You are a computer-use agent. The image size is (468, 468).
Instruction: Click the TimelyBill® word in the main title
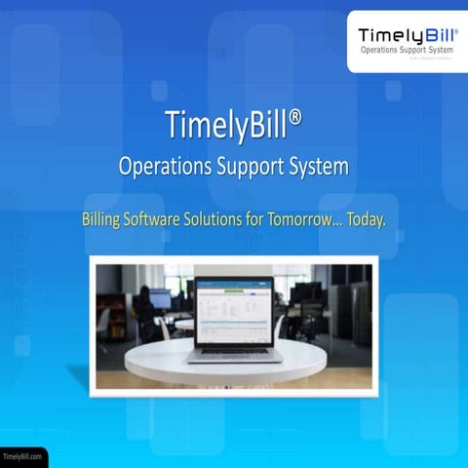226,126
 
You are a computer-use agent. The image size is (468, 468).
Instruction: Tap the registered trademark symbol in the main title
294,117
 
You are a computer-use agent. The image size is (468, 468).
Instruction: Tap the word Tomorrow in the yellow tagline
318,219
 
